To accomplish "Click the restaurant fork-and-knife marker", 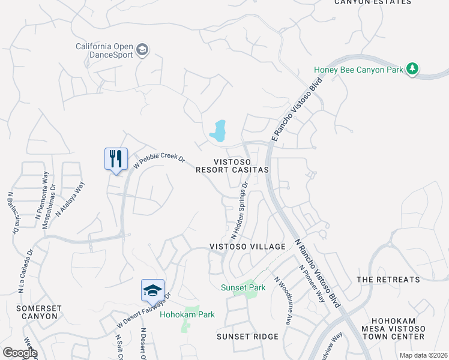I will [114, 159].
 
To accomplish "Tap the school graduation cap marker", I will [152, 290].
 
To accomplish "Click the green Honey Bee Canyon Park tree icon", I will [412, 69].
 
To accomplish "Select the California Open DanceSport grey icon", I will [142, 49].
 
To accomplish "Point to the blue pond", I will [218, 130].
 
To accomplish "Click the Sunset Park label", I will [243, 288].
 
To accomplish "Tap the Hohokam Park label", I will [187, 314].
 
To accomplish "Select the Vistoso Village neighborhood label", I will [247, 247].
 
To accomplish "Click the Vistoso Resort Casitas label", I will [232, 166].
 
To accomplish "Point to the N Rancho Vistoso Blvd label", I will [319, 273].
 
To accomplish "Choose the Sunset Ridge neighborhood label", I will [248, 337].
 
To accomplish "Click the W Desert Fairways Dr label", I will [144, 311].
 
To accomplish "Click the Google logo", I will [19, 353].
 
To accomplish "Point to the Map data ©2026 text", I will [423, 355].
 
